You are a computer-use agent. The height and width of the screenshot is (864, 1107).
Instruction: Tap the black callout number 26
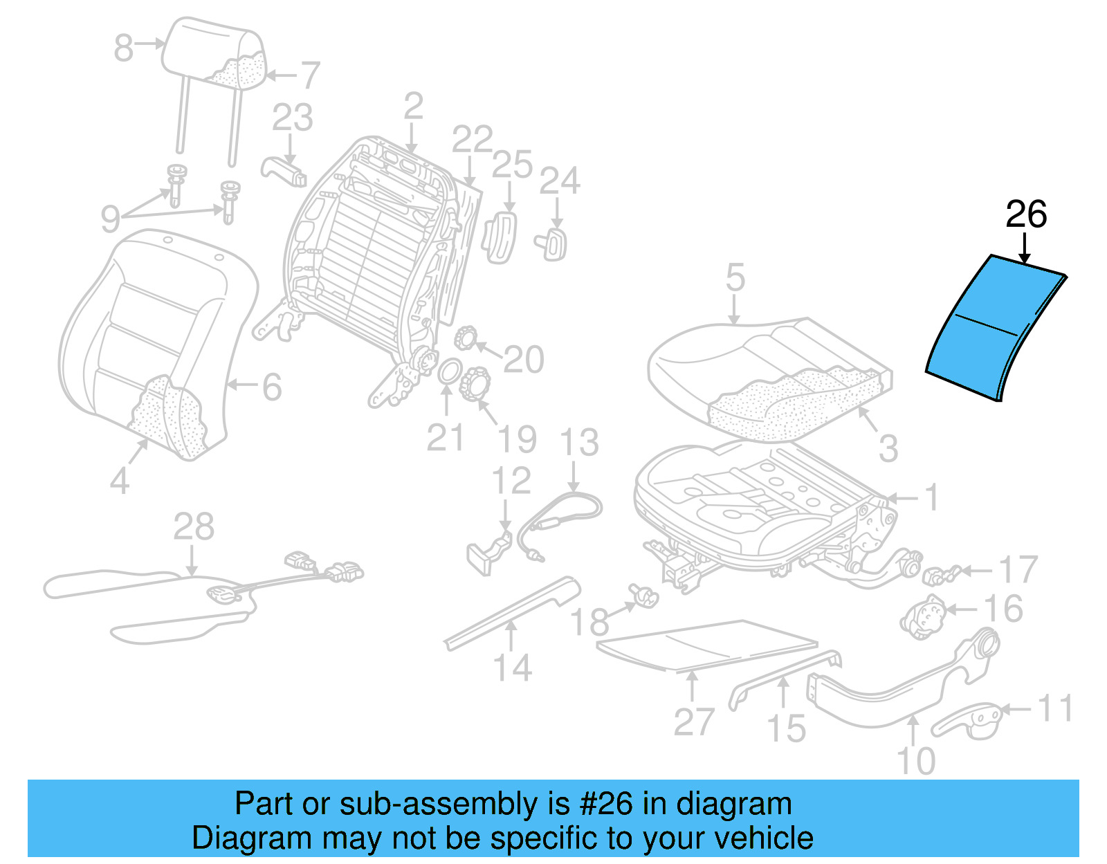pyautogui.click(x=1026, y=214)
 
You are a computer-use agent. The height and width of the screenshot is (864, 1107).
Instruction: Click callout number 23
pyautogui.click(x=292, y=118)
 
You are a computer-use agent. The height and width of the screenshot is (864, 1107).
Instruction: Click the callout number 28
pyautogui.click(x=193, y=527)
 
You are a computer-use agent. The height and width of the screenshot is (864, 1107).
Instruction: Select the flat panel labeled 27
pyautogui.click(x=706, y=643)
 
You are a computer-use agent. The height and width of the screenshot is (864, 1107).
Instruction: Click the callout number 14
pyautogui.click(x=512, y=668)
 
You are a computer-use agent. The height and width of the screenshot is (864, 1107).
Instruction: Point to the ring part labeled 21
pyautogui.click(x=448, y=371)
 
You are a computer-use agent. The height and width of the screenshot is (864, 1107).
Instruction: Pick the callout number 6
pyautogui.click(x=272, y=387)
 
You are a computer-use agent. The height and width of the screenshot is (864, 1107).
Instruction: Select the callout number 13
pyautogui.click(x=579, y=442)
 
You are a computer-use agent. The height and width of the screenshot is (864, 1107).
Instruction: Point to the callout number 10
pyautogui.click(x=915, y=761)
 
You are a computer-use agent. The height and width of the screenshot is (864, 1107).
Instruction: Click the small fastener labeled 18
pyautogui.click(x=645, y=595)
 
